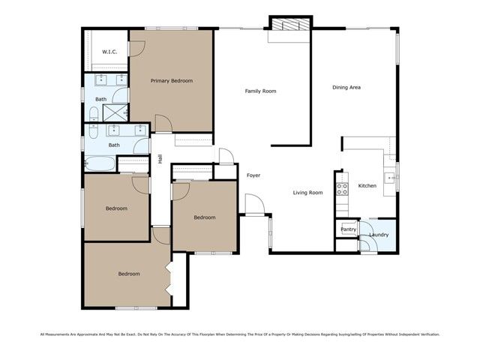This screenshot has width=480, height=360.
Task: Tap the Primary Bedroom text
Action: pos(172,81)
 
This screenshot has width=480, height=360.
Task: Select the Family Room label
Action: pos(261,91)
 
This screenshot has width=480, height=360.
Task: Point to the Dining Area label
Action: pos(347,88)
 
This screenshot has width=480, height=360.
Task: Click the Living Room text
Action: pos(307,193)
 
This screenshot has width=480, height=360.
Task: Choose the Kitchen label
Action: pos(367,185)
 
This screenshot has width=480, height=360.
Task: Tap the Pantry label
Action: pos(348,230)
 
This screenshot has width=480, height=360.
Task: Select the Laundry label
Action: pos(379,235)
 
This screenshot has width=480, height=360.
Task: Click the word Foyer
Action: pos(253,175)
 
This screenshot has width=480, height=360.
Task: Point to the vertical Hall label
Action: pos(160,159)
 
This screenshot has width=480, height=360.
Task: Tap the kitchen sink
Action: pos(389,178)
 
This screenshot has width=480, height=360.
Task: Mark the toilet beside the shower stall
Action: pos(93,114)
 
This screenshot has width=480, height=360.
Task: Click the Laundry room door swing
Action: pos(367,225)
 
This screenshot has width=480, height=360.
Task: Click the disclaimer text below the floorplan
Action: pos(240,334)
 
